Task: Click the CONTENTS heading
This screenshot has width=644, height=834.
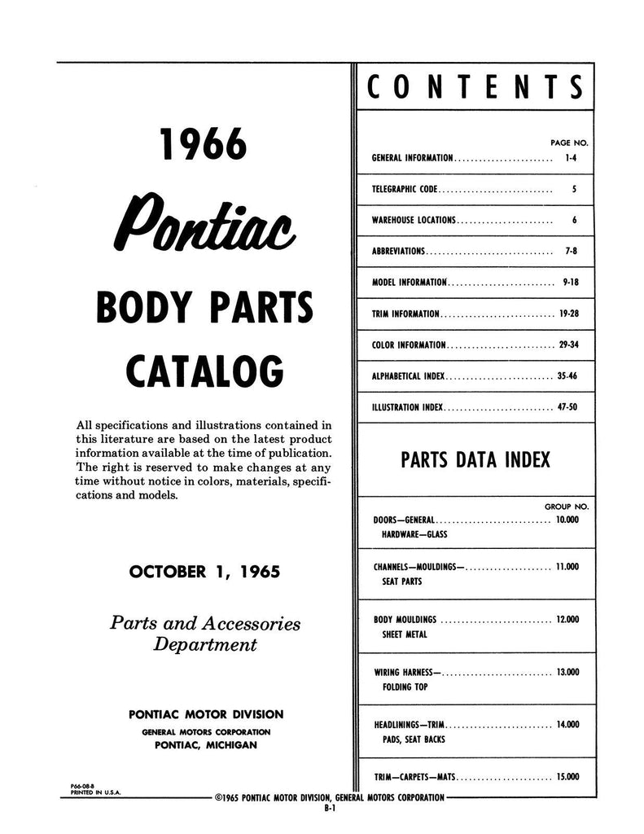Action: pyautogui.click(x=475, y=87)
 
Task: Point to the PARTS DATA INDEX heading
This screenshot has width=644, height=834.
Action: pyautogui.click(x=475, y=460)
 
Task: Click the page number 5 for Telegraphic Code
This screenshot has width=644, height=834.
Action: pyautogui.click(x=574, y=189)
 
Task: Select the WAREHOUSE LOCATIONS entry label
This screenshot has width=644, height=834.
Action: pyautogui.click(x=414, y=220)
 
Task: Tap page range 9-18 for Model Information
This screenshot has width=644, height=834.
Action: pyautogui.click(x=570, y=283)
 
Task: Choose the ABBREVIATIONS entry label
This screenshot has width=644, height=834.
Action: pyautogui.click(x=398, y=252)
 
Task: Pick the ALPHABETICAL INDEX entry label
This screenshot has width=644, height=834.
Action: pyautogui.click(x=409, y=376)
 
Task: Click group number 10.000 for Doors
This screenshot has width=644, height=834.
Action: pyautogui.click(x=567, y=520)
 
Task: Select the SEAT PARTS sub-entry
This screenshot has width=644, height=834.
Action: pyautogui.click(x=403, y=582)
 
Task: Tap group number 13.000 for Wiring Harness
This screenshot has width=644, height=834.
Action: pyautogui.click(x=567, y=673)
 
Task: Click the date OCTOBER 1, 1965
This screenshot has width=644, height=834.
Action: pyautogui.click(x=204, y=572)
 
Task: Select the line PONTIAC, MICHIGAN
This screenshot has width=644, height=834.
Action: pyautogui.click(x=206, y=745)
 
